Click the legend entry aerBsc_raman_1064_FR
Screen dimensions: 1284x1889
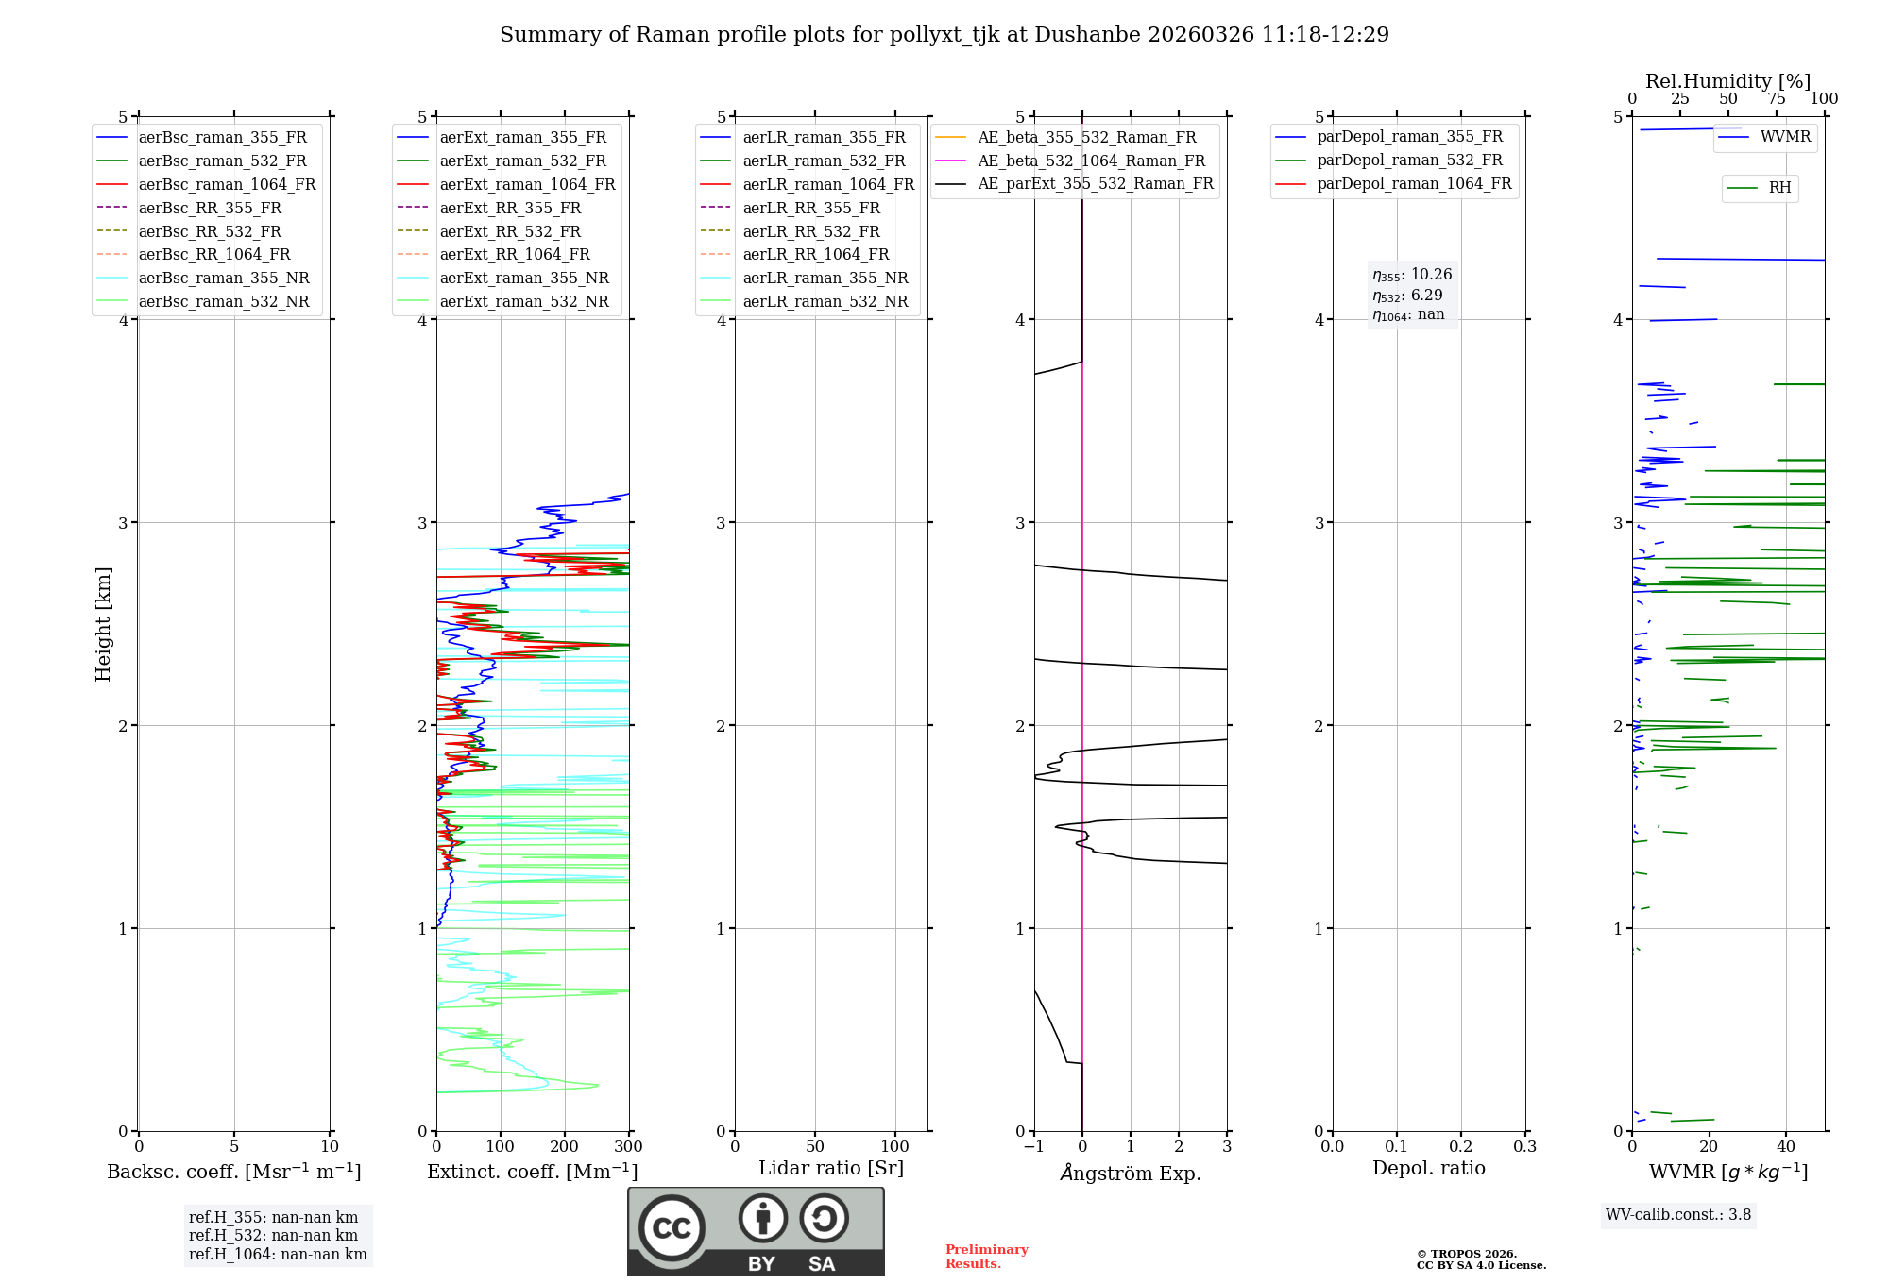[227, 184]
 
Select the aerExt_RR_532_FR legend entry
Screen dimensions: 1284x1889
[510, 231]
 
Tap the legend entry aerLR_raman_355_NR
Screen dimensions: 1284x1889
[825, 278]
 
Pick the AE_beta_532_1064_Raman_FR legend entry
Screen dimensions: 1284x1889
[1091, 160]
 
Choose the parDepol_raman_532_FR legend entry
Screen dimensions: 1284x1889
[1409, 160]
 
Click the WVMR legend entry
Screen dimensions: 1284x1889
[1784, 137]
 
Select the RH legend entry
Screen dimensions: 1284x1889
[1779, 188]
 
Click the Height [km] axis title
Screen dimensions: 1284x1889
[103, 623]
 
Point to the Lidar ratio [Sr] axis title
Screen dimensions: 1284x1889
[830, 1168]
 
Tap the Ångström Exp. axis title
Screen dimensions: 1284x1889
[1130, 1173]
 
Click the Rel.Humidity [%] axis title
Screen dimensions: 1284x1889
[1727, 81]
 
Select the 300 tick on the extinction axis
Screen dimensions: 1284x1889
[628, 1146]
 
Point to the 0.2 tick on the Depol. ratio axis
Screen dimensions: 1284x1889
[1460, 1146]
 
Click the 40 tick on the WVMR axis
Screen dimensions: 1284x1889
[1785, 1146]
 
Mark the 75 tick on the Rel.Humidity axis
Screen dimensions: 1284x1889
[1776, 98]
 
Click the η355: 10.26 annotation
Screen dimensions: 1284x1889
[1412, 275]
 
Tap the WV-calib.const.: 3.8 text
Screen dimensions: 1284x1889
[1677, 1214]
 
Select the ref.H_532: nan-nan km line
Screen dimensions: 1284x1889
[273, 1235]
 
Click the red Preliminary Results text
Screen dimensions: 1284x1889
[986, 1256]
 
